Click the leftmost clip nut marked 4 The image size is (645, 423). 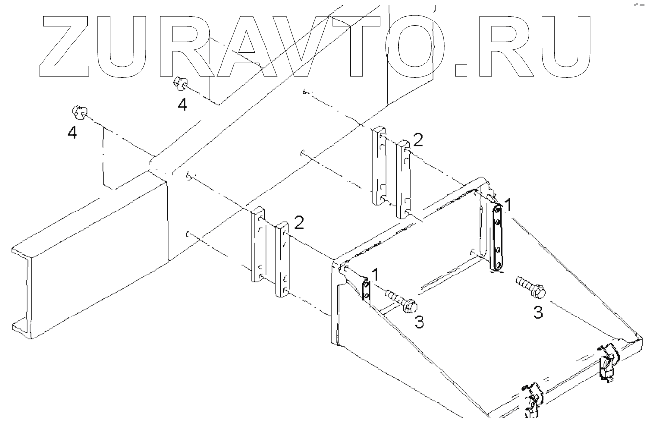tap(78, 112)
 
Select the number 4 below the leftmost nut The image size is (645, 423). tap(72, 132)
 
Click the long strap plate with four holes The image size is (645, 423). tap(497, 237)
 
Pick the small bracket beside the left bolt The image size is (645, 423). tap(366, 290)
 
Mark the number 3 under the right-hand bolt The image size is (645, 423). tap(537, 313)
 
